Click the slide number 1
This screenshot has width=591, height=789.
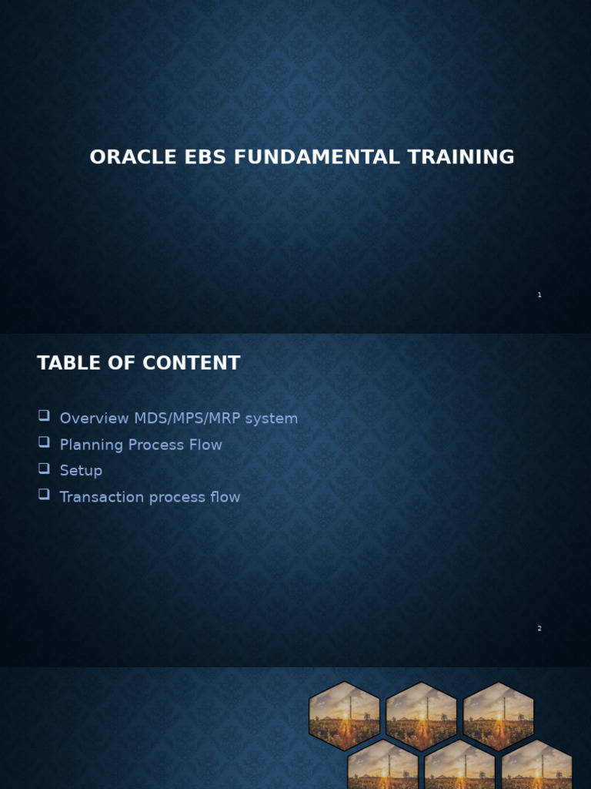point(539,295)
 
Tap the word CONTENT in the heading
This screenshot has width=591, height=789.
point(189,364)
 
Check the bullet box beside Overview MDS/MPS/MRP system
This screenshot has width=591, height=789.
point(44,416)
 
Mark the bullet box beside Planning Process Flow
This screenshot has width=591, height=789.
point(44,442)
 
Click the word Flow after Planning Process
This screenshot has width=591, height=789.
point(205,445)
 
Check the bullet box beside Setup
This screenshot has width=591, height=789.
point(44,468)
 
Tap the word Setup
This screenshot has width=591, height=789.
point(81,471)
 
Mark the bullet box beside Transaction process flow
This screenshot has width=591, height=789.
point(44,495)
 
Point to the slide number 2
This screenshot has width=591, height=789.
point(539,629)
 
